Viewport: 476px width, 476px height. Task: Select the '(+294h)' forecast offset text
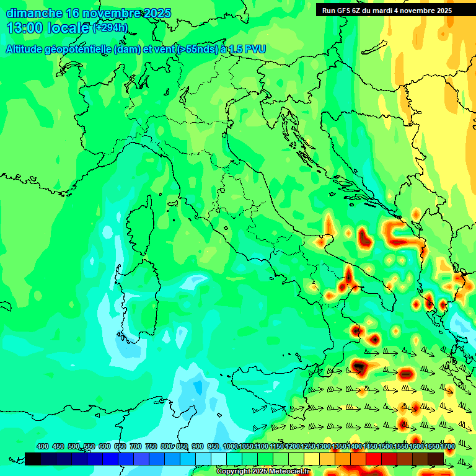110,28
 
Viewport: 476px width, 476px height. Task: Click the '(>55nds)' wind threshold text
196,50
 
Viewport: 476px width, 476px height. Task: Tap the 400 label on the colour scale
42,447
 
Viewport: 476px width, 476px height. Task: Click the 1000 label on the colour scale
230,447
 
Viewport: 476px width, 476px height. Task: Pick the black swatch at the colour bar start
33,459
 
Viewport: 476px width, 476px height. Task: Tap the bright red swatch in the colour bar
374,459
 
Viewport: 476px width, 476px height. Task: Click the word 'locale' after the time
69,28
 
